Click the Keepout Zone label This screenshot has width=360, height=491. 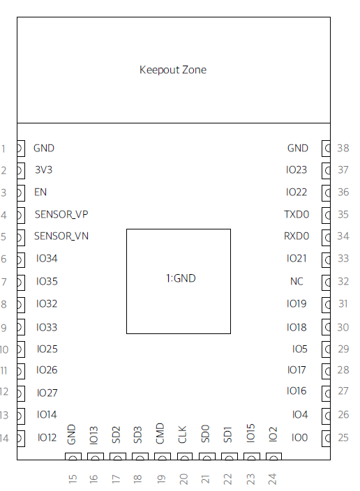173,70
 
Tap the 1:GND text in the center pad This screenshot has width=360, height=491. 181,278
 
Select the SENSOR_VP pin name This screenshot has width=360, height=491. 61,215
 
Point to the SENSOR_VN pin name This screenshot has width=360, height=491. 61,236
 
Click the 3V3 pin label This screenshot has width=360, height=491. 43,169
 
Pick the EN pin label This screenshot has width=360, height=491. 40,192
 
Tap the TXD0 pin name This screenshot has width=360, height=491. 297,215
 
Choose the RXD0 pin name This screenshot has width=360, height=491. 297,236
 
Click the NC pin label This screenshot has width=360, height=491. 297,281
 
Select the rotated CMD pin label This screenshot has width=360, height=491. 160,433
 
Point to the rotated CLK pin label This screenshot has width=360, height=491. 182,435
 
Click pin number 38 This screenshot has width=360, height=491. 343,148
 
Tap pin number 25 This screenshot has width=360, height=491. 343,437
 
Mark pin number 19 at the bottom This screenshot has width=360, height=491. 160,479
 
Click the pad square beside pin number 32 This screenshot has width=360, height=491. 326,282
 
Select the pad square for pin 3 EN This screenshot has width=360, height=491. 21,193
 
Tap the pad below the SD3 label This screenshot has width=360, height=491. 140,457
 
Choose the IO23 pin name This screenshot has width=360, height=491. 297,169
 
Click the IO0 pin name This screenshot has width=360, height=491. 299,437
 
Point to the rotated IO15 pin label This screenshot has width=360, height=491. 250,433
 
